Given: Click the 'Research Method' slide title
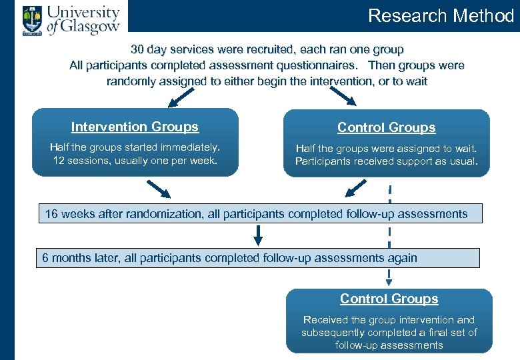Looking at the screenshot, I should pos(441,15).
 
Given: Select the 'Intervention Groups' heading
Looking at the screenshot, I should pos(135,127).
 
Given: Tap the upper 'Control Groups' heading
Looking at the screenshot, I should pos(386,127).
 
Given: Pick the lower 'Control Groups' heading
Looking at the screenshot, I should pos(389,299).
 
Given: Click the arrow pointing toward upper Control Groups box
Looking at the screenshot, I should pos(345,98).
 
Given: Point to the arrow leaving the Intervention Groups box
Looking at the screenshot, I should pos(159,190).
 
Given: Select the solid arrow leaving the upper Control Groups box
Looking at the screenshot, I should pos(353,190).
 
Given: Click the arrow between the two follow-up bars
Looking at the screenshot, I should pos(259,235).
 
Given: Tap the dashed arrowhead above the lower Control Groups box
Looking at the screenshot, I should pos(389,281).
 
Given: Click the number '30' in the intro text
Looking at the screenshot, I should pos(138,49).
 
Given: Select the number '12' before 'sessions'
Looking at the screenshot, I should pos(59,161).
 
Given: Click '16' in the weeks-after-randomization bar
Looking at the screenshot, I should pos(52,214).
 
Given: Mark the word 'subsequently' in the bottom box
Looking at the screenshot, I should pos(331,332).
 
